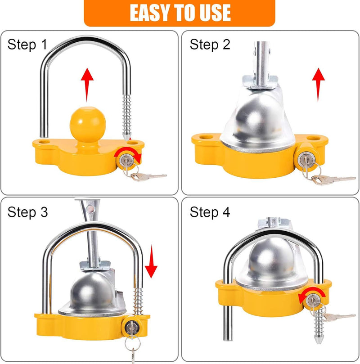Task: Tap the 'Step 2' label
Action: click(210, 45)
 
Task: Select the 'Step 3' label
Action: click(27, 212)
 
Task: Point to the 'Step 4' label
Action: click(210, 212)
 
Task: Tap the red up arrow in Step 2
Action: click(319, 85)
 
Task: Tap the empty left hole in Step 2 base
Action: click(208, 137)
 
